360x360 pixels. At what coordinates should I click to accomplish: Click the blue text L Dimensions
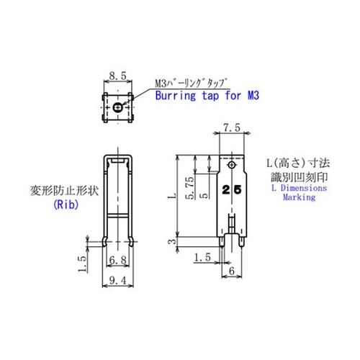(x=297, y=186)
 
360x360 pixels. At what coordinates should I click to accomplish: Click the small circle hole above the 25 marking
(x=232, y=166)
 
